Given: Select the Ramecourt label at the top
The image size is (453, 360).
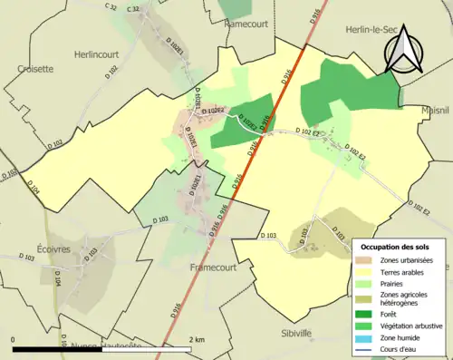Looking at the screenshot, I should [252, 24].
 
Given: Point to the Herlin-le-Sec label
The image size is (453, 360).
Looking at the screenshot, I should [373, 30].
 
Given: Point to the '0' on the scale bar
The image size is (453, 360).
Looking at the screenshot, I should [13, 339].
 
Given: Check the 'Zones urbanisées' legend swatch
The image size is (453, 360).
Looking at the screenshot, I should [366, 259].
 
